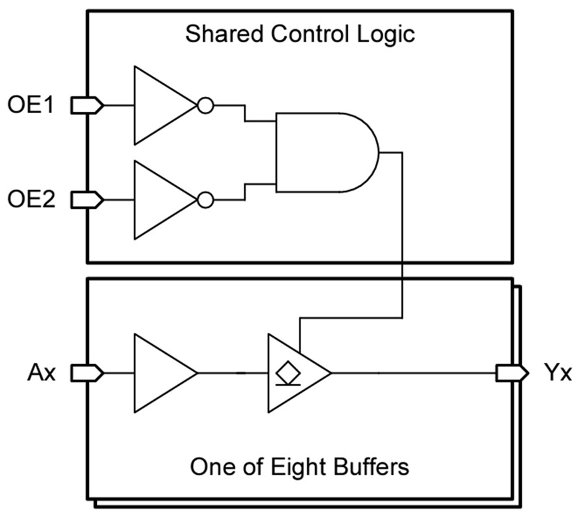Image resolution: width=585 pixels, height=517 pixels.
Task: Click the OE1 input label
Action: (34, 105)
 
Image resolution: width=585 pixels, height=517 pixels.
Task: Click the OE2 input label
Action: (34, 200)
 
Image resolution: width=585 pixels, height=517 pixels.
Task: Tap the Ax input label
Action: (40, 373)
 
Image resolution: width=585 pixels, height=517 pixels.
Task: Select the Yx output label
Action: (557, 373)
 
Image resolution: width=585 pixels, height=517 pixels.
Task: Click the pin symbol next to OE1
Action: (86, 105)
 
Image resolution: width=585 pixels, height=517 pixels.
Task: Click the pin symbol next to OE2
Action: (86, 200)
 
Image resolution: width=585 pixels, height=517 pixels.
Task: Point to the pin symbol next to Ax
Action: (86, 373)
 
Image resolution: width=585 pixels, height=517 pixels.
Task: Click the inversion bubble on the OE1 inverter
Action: (205, 105)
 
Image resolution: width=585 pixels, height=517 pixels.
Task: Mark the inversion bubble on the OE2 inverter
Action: (205, 200)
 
